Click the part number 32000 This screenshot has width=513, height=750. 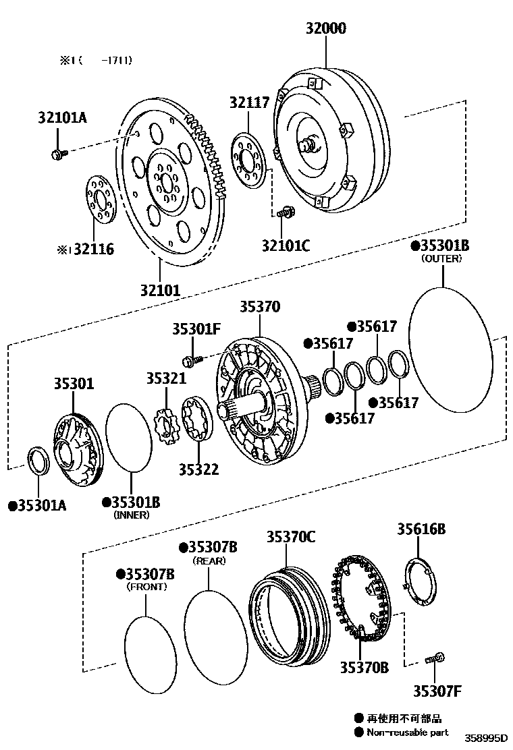pos(325,28)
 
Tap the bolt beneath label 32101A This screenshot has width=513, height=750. pos(57,154)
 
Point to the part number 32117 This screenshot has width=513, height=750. pos(249,103)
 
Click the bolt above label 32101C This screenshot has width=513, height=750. pos(286,213)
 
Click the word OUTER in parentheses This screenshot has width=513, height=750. pos(442,259)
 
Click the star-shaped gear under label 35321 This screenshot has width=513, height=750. pos(164,425)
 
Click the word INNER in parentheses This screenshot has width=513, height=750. pos(132,515)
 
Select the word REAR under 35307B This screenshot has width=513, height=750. pos(209,560)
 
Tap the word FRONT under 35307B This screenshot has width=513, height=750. pos(147,587)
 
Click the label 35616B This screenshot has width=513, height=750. pos(421,529)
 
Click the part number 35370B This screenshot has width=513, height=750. pos(364,667)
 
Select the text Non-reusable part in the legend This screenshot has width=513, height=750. pos(407,732)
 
